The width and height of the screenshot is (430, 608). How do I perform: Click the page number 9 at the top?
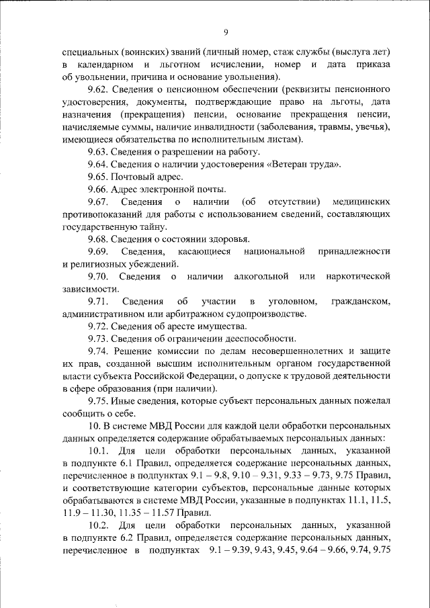(x=226, y=32)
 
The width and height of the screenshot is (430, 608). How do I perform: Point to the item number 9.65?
(x=100, y=177)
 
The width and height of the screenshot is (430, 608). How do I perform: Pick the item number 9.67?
(x=100, y=202)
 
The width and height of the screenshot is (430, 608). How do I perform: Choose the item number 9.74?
(x=100, y=351)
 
